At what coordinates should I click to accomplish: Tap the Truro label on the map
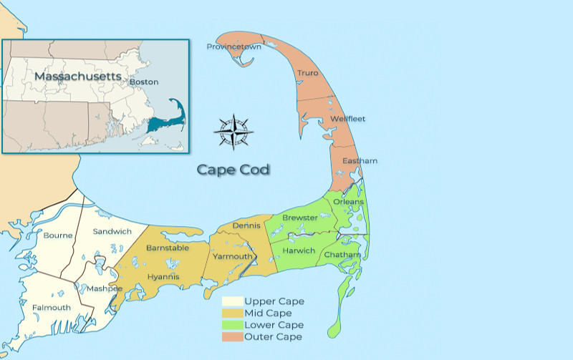pyautogui.click(x=307, y=73)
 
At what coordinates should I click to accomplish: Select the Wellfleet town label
pyautogui.click(x=347, y=119)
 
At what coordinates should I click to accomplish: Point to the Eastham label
pyautogui.click(x=360, y=161)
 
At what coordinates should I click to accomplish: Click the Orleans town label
pyautogui.click(x=348, y=202)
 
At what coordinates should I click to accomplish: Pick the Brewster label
pyautogui.click(x=300, y=218)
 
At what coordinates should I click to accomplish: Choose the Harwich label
pyautogui.click(x=298, y=251)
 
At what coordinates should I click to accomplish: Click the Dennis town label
pyautogui.click(x=246, y=226)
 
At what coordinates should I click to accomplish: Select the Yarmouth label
pyautogui.click(x=231, y=256)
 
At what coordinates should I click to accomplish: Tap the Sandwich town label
pyautogui.click(x=112, y=231)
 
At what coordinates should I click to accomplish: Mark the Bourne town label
pyautogui.click(x=58, y=235)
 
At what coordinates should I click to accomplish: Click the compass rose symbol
pyautogui.click(x=233, y=131)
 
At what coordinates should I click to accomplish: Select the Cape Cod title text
pyautogui.click(x=233, y=170)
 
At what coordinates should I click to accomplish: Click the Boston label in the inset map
pyautogui.click(x=144, y=82)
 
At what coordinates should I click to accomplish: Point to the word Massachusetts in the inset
pyautogui.click(x=78, y=75)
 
